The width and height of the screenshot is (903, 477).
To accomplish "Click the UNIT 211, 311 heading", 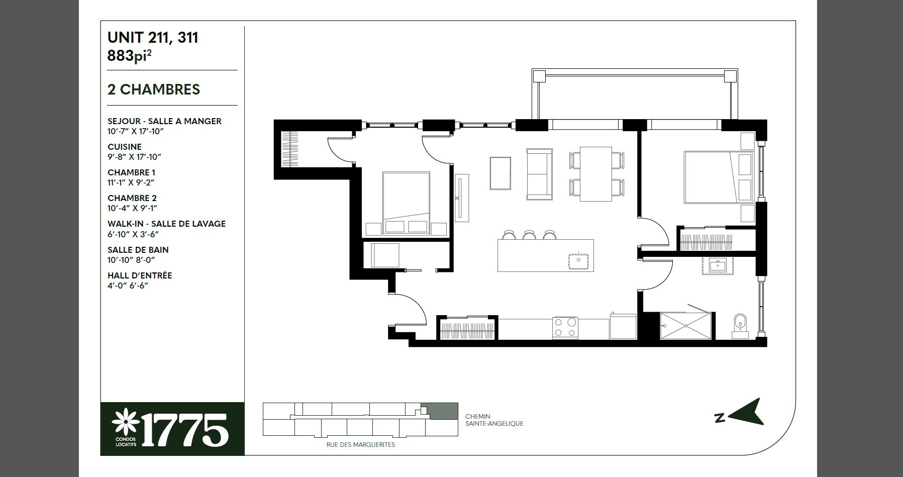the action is pyautogui.click(x=153, y=38).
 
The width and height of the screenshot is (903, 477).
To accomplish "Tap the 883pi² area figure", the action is pyautogui.click(x=130, y=55).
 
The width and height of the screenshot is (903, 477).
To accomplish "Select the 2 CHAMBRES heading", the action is pyautogui.click(x=154, y=89).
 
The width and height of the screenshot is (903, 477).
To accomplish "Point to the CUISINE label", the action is pyautogui.click(x=125, y=147).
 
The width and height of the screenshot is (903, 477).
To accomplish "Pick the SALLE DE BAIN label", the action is pyautogui.click(x=138, y=250).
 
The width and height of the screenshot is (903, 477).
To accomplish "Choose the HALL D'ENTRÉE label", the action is pyautogui.click(x=140, y=275).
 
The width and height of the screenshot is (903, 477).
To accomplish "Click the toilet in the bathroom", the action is pyautogui.click(x=740, y=324).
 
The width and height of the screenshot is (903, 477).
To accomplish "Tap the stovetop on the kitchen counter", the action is pyautogui.click(x=565, y=328).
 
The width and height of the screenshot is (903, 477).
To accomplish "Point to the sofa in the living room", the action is pyautogui.click(x=539, y=173).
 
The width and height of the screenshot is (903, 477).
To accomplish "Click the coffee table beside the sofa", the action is pyautogui.click(x=501, y=173).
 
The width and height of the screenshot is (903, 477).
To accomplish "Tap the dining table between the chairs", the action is pyautogui.click(x=596, y=174).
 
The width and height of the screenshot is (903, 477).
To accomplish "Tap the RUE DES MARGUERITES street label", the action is pyautogui.click(x=360, y=445).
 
